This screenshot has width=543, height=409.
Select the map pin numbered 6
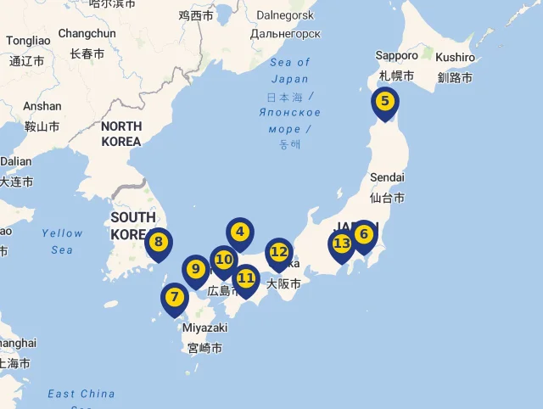364,234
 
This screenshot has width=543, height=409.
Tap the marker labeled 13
341,244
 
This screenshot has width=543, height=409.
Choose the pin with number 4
240,232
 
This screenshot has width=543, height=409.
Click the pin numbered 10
224,260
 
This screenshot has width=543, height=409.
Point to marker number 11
246,278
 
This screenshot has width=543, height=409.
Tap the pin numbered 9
196,270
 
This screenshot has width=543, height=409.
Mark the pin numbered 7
174,298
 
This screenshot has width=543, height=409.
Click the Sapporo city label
396,56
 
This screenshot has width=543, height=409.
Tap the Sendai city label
387,177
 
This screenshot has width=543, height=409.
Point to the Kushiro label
455,57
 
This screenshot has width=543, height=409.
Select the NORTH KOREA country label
121,133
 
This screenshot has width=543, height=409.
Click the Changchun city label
87,34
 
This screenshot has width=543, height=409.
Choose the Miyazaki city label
204,328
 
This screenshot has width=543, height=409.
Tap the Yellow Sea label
62,241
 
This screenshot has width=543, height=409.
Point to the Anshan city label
42,107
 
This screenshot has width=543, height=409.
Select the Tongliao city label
28,41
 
